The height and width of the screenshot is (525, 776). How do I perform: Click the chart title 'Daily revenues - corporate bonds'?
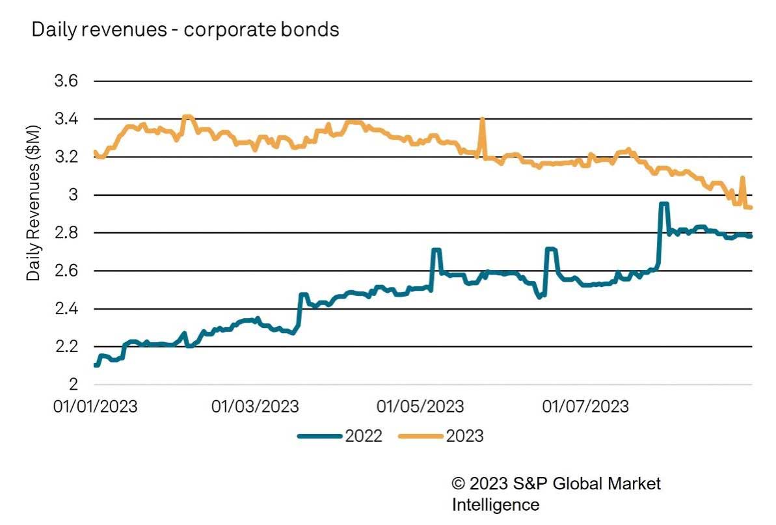click(185, 29)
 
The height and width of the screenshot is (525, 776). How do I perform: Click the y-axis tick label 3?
click(72, 195)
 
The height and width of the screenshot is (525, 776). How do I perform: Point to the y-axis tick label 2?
click(72, 384)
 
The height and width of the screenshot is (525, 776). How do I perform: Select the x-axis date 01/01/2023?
click(96, 407)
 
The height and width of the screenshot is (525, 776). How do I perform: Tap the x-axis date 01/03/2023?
click(256, 407)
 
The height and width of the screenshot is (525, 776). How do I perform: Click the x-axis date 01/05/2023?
click(421, 407)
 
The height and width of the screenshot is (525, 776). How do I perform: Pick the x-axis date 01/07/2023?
click(585, 407)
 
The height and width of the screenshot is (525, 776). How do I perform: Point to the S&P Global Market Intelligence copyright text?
click(556, 494)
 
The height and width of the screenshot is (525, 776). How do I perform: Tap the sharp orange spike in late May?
click(482, 119)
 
